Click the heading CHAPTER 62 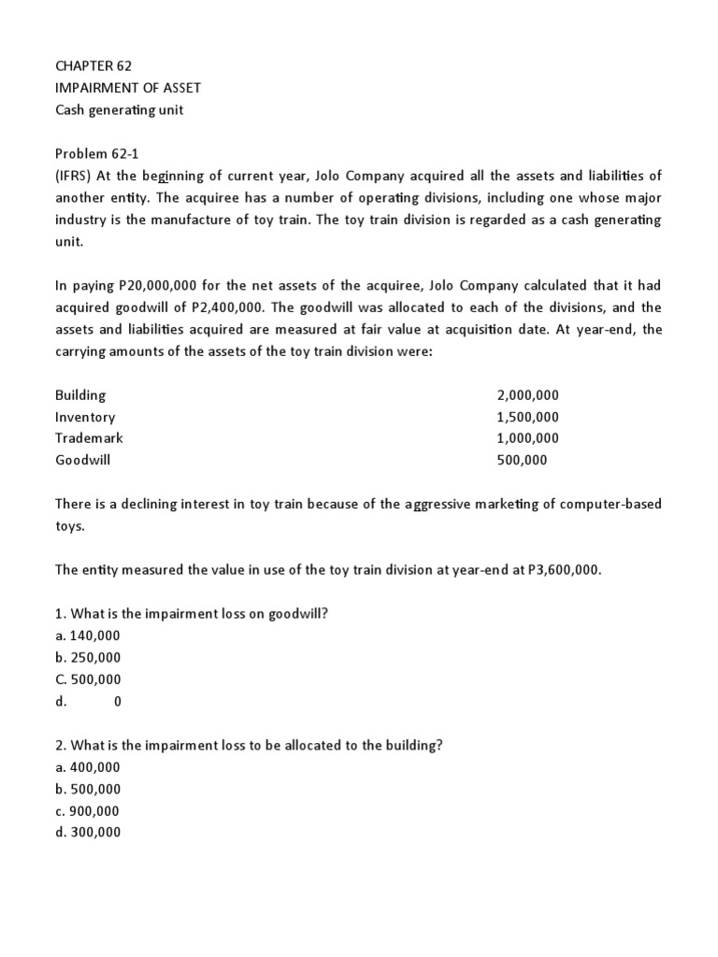[x=93, y=65]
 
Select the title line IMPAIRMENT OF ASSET [x=127, y=88]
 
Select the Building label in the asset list [x=80, y=394]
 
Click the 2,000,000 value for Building [x=527, y=394]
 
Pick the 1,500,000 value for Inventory [x=527, y=417]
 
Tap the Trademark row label [x=89, y=438]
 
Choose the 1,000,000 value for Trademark [x=527, y=438]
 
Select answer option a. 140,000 [x=88, y=636]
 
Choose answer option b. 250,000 [x=88, y=658]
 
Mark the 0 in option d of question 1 [x=117, y=702]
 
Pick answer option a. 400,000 [x=88, y=767]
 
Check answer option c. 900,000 [x=88, y=811]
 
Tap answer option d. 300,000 [x=88, y=833]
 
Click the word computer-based [x=612, y=504]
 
